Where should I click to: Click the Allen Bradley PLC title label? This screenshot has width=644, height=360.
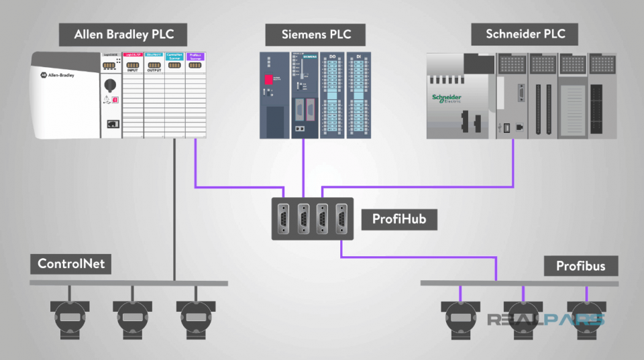click(121, 35)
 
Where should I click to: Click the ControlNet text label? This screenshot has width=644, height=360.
click(71, 263)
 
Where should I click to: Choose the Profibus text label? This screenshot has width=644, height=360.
click(580, 266)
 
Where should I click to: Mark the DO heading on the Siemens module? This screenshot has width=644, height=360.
click(332, 57)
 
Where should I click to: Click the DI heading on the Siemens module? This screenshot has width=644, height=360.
click(358, 57)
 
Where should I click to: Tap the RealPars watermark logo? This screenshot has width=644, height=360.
click(546, 320)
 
